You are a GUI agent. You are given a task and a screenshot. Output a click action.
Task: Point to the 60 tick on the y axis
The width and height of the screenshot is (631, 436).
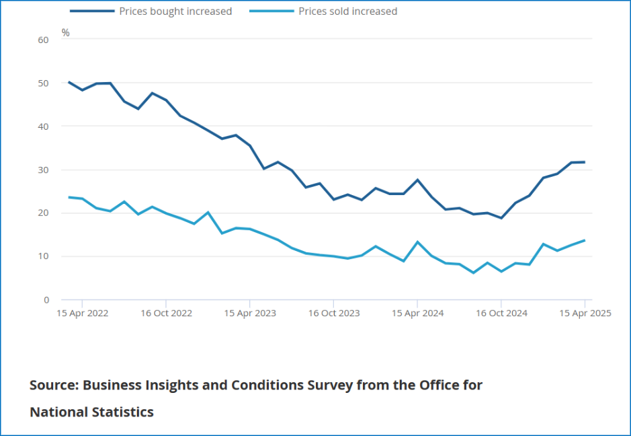[x=44, y=40]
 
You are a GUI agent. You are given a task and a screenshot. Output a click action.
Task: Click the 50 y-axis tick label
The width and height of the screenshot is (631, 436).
[x=44, y=83]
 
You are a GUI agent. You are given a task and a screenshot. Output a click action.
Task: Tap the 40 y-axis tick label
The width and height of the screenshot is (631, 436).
[x=44, y=126]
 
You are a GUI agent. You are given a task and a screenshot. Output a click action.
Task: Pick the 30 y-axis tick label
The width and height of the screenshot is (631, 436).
[x=44, y=170]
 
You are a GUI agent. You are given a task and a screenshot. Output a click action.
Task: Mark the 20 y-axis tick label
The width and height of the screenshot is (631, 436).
[x=44, y=213]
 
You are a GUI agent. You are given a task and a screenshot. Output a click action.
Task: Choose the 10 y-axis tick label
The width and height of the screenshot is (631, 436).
[x=44, y=256]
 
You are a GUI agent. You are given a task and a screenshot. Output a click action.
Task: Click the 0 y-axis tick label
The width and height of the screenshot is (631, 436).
[x=46, y=300]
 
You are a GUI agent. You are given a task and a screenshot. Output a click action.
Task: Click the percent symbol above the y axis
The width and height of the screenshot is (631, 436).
[x=65, y=32]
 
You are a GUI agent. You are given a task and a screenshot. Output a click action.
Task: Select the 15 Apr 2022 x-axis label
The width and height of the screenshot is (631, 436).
[x=82, y=313]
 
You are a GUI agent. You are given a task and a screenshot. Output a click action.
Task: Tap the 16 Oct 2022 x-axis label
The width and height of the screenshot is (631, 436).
[x=166, y=313]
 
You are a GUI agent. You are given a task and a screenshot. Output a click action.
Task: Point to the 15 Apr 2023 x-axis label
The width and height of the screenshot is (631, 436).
[x=250, y=313]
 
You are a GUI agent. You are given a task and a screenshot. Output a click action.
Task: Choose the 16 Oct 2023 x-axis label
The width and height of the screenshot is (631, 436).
[x=334, y=313]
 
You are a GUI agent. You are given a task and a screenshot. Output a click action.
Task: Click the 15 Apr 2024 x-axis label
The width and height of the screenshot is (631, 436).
[x=417, y=313]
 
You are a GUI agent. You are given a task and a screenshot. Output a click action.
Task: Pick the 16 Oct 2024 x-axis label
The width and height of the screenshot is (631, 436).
[x=501, y=313]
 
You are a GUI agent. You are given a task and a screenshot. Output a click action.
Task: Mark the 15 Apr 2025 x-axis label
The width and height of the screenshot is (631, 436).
[x=585, y=313]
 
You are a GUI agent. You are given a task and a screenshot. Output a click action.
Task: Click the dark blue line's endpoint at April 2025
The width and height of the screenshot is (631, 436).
[x=585, y=162]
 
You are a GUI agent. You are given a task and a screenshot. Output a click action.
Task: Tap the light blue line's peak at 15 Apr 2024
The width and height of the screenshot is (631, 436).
[x=417, y=242]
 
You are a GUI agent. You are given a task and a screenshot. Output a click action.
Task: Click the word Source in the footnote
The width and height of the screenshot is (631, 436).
[x=53, y=386]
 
